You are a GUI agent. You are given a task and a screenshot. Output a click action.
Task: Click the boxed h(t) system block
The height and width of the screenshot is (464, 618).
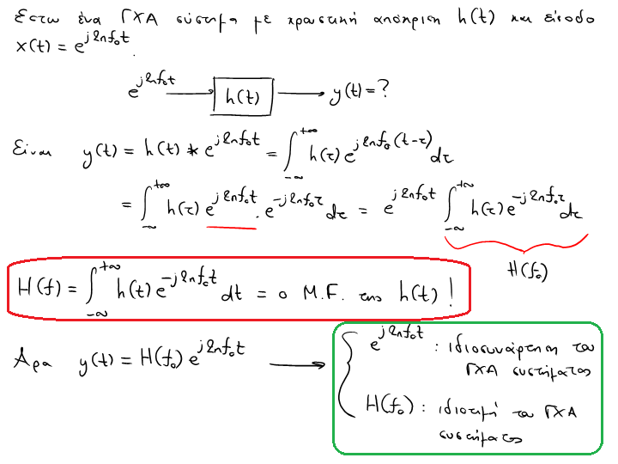pyautogui.click(x=243, y=96)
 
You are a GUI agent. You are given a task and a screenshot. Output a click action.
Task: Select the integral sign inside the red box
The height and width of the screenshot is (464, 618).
pyautogui.click(x=92, y=289)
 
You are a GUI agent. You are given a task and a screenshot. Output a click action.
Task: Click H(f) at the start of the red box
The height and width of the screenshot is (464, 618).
pyautogui.click(x=39, y=291)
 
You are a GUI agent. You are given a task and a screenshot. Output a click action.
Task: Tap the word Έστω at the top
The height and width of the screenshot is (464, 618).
pyautogui.click(x=35, y=18)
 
